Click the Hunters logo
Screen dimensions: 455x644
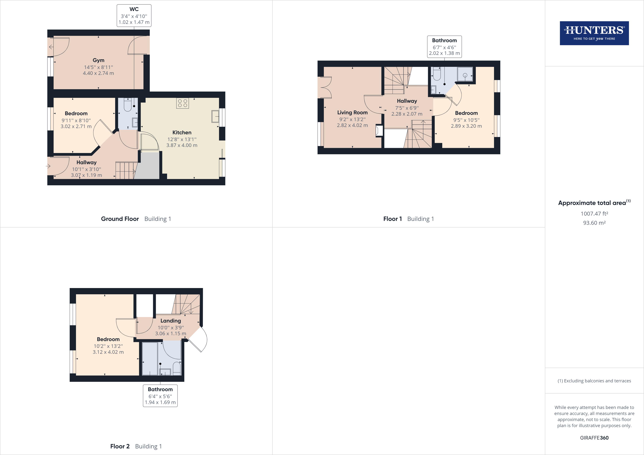coord(594,33)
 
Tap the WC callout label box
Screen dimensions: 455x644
coord(134,16)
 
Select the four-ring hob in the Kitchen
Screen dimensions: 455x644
coord(183,103)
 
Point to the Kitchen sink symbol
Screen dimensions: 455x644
coord(215,116)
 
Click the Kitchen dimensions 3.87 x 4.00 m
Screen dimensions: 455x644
coord(182,145)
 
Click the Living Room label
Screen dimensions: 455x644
coord(352,112)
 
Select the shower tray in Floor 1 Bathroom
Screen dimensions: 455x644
coord(465,74)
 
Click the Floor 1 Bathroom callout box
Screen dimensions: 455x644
coord(444,47)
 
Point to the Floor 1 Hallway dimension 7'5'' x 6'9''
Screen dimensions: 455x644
coord(407,108)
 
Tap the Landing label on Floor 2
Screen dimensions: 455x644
coord(171,321)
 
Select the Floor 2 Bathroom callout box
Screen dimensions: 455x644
coord(160,396)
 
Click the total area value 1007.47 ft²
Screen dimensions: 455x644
coord(594,214)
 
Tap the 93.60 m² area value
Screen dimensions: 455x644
coord(594,223)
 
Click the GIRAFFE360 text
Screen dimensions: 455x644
coord(594,438)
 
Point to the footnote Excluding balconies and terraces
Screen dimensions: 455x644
coord(594,381)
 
